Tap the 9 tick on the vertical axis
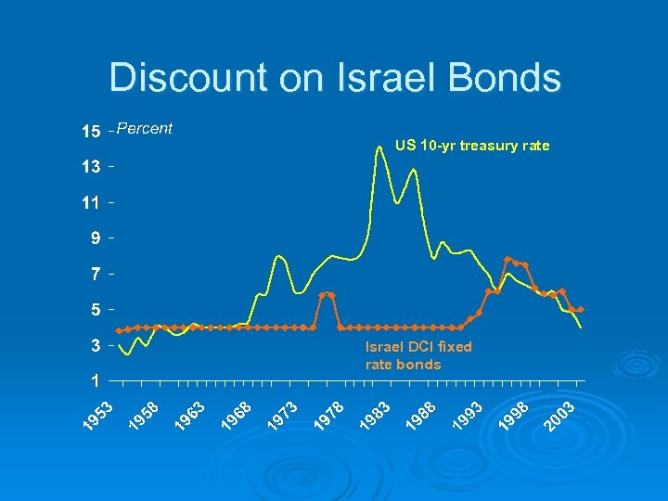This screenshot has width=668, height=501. coord(96,238)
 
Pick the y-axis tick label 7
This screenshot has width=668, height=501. coord(96,274)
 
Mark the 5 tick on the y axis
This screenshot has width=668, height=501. coord(96,309)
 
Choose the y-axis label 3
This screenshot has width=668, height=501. coord(96,345)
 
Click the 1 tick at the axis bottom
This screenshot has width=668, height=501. coord(96,380)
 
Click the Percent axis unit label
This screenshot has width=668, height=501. coord(146,128)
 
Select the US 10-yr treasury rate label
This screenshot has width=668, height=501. coord(471,146)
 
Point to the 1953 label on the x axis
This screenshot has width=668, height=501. coord(98,415)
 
